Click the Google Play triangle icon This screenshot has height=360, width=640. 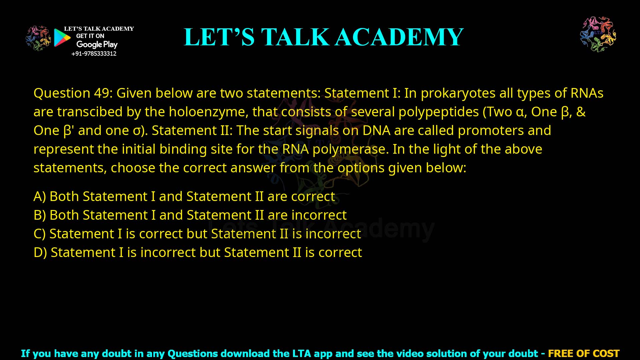(62, 37)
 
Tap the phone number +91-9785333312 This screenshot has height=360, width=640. (94, 54)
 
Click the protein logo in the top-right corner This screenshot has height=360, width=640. (598, 34)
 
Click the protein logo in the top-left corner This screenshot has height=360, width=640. (38, 38)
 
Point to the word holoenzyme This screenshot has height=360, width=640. (208, 112)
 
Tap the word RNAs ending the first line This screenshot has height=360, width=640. (587, 93)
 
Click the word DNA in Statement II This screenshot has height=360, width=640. (376, 130)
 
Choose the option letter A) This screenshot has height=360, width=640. (40, 196)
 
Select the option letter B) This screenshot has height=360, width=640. (40, 215)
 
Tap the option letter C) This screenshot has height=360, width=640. (40, 234)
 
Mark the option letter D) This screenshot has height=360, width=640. (40, 252)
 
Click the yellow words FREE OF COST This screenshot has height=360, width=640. (583, 353)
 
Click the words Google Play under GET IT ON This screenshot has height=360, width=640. (97, 44)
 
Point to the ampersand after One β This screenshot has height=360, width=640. (581, 112)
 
